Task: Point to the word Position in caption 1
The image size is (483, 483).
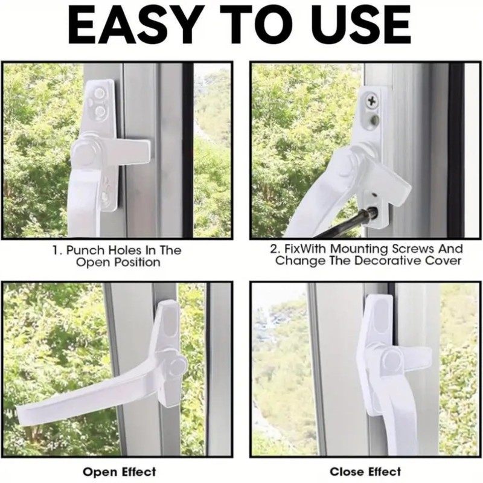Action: click(136, 262)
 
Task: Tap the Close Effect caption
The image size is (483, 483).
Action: click(365, 471)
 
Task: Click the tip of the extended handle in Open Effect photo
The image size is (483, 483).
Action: click(21, 414)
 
